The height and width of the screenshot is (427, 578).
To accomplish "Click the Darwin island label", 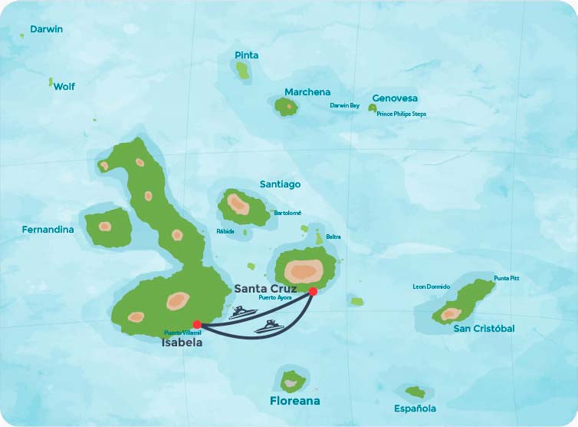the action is [x=46, y=29].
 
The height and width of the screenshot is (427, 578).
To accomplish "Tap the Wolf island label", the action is [x=64, y=87].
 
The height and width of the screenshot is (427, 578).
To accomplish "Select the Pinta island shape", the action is [x=243, y=71].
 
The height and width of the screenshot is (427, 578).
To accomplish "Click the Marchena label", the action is [x=307, y=92].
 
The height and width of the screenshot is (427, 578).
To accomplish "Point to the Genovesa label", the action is [x=395, y=98].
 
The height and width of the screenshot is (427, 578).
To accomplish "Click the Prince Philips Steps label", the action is [x=401, y=114].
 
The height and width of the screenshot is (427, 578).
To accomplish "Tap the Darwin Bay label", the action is [x=344, y=105].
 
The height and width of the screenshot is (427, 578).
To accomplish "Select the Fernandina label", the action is [x=48, y=230].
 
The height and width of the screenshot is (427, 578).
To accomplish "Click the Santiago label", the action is [x=280, y=184].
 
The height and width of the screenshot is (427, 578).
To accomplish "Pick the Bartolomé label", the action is [x=287, y=213].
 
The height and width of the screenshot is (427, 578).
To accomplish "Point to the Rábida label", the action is [x=225, y=231].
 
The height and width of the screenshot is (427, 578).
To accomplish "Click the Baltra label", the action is [x=333, y=237].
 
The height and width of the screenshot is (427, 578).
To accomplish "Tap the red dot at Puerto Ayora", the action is [x=313, y=292].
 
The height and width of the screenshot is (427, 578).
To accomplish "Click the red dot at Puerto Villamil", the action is [x=197, y=325].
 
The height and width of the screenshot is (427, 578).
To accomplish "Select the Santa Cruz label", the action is [x=265, y=288].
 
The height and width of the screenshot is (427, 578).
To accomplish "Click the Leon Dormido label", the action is [x=432, y=286].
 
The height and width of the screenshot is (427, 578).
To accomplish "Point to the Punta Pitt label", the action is [x=506, y=278].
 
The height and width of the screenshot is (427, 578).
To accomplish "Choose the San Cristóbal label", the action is [x=484, y=329].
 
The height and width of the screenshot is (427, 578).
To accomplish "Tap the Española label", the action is [x=415, y=409].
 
